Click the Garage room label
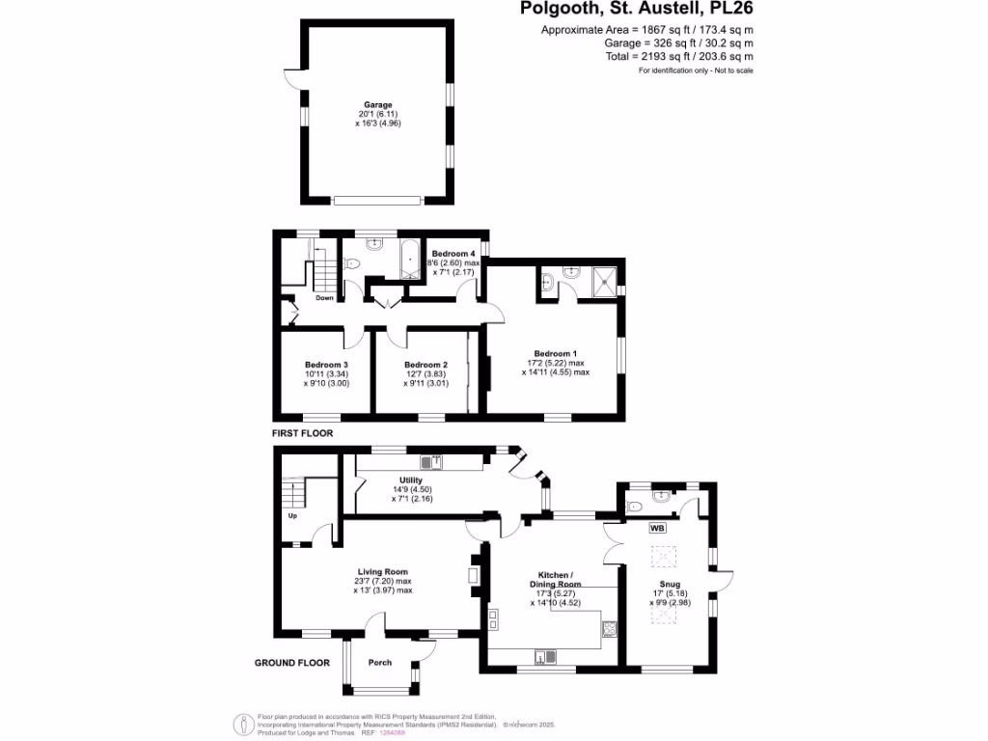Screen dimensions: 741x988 pos(377,104)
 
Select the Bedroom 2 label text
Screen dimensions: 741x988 pos(425,364)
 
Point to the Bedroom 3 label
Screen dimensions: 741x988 pos(325,364)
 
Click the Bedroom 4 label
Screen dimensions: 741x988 pos(454,253)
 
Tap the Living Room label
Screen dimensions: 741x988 pos(383,571)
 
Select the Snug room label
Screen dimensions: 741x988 pos(670,584)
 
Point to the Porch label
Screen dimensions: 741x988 pos(380,662)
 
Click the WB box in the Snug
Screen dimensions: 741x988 pos(657,529)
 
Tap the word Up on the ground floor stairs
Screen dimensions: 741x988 pos(291,516)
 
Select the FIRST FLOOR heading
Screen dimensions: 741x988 pos(302,433)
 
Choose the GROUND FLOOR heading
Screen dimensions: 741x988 pos(291,663)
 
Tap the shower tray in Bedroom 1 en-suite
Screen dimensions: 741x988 pos(600,279)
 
